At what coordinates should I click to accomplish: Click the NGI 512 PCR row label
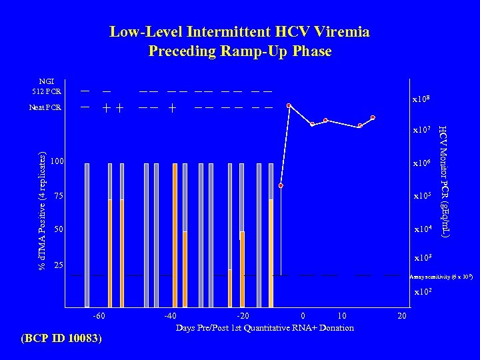(x=47, y=87)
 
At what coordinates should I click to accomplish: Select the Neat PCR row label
(x=45, y=107)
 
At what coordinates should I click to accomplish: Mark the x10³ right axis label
(x=423, y=258)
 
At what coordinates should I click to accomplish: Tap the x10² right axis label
(x=423, y=292)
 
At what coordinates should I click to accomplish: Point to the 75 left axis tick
(x=59, y=196)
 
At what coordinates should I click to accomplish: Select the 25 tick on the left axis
(x=59, y=265)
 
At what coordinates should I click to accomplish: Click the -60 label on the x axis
(x=98, y=316)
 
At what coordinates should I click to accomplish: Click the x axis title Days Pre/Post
(x=265, y=327)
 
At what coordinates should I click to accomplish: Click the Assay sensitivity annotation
(x=441, y=276)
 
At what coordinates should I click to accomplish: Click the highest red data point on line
(x=289, y=105)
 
